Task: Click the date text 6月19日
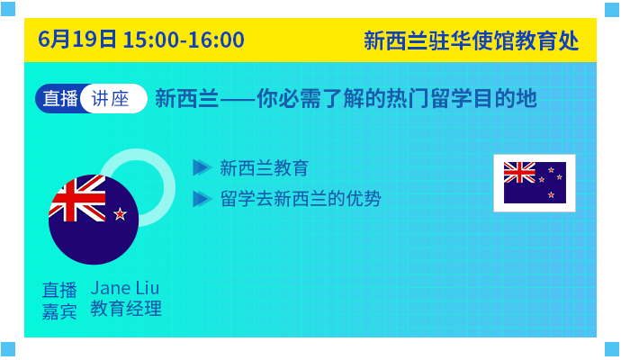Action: click(x=77, y=40)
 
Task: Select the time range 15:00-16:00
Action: click(x=184, y=40)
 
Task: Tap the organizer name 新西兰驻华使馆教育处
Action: click(x=472, y=40)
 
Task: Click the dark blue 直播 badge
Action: click(x=59, y=99)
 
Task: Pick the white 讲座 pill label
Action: click(x=113, y=99)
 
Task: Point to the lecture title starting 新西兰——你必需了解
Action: click(x=346, y=98)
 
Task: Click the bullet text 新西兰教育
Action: click(x=265, y=168)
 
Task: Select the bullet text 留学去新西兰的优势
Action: click(x=301, y=198)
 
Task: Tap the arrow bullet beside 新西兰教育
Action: click(x=202, y=167)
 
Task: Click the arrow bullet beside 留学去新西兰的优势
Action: click(x=202, y=198)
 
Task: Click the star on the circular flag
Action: click(x=120, y=214)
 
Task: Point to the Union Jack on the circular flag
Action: click(x=77, y=199)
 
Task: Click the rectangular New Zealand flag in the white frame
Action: click(x=535, y=183)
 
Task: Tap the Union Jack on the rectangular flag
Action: click(x=519, y=172)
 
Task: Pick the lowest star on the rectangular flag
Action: click(x=551, y=195)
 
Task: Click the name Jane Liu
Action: click(x=125, y=288)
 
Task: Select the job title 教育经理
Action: click(x=126, y=309)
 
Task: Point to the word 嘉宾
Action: click(x=59, y=311)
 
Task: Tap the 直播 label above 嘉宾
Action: click(x=59, y=290)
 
